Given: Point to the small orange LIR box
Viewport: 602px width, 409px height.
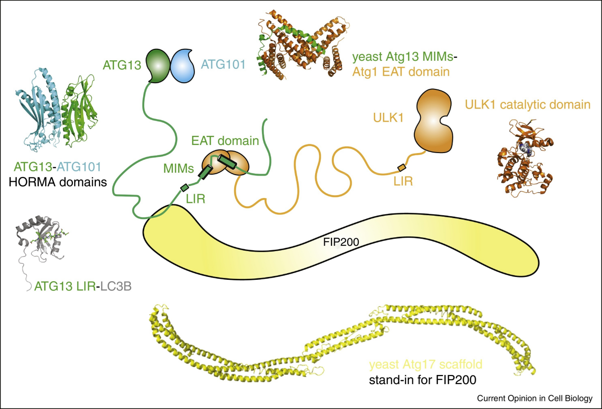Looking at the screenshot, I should pos(401,167).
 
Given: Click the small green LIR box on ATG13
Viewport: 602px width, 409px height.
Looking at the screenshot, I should pos(184,187).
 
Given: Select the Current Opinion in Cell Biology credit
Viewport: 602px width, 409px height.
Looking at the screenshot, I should pos(535,398).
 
